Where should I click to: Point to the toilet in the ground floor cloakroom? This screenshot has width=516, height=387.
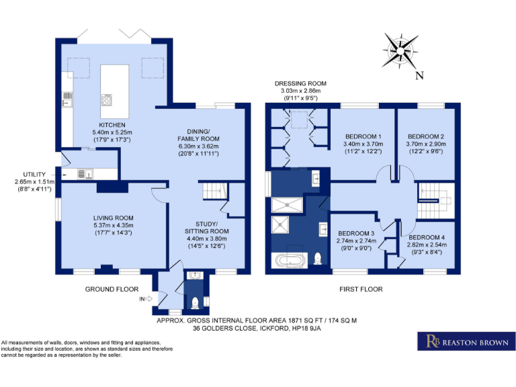point(196,302)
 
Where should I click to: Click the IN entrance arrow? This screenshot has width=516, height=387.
point(146,298)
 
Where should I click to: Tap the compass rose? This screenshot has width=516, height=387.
point(398,50)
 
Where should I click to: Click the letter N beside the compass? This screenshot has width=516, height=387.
point(419,75)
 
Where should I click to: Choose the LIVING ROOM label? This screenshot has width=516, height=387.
point(113,218)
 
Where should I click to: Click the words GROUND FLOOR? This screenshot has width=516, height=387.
point(112,289)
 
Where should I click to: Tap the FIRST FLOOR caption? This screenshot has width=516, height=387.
point(361,289)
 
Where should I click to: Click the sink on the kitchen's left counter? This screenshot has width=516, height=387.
point(67,101)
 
